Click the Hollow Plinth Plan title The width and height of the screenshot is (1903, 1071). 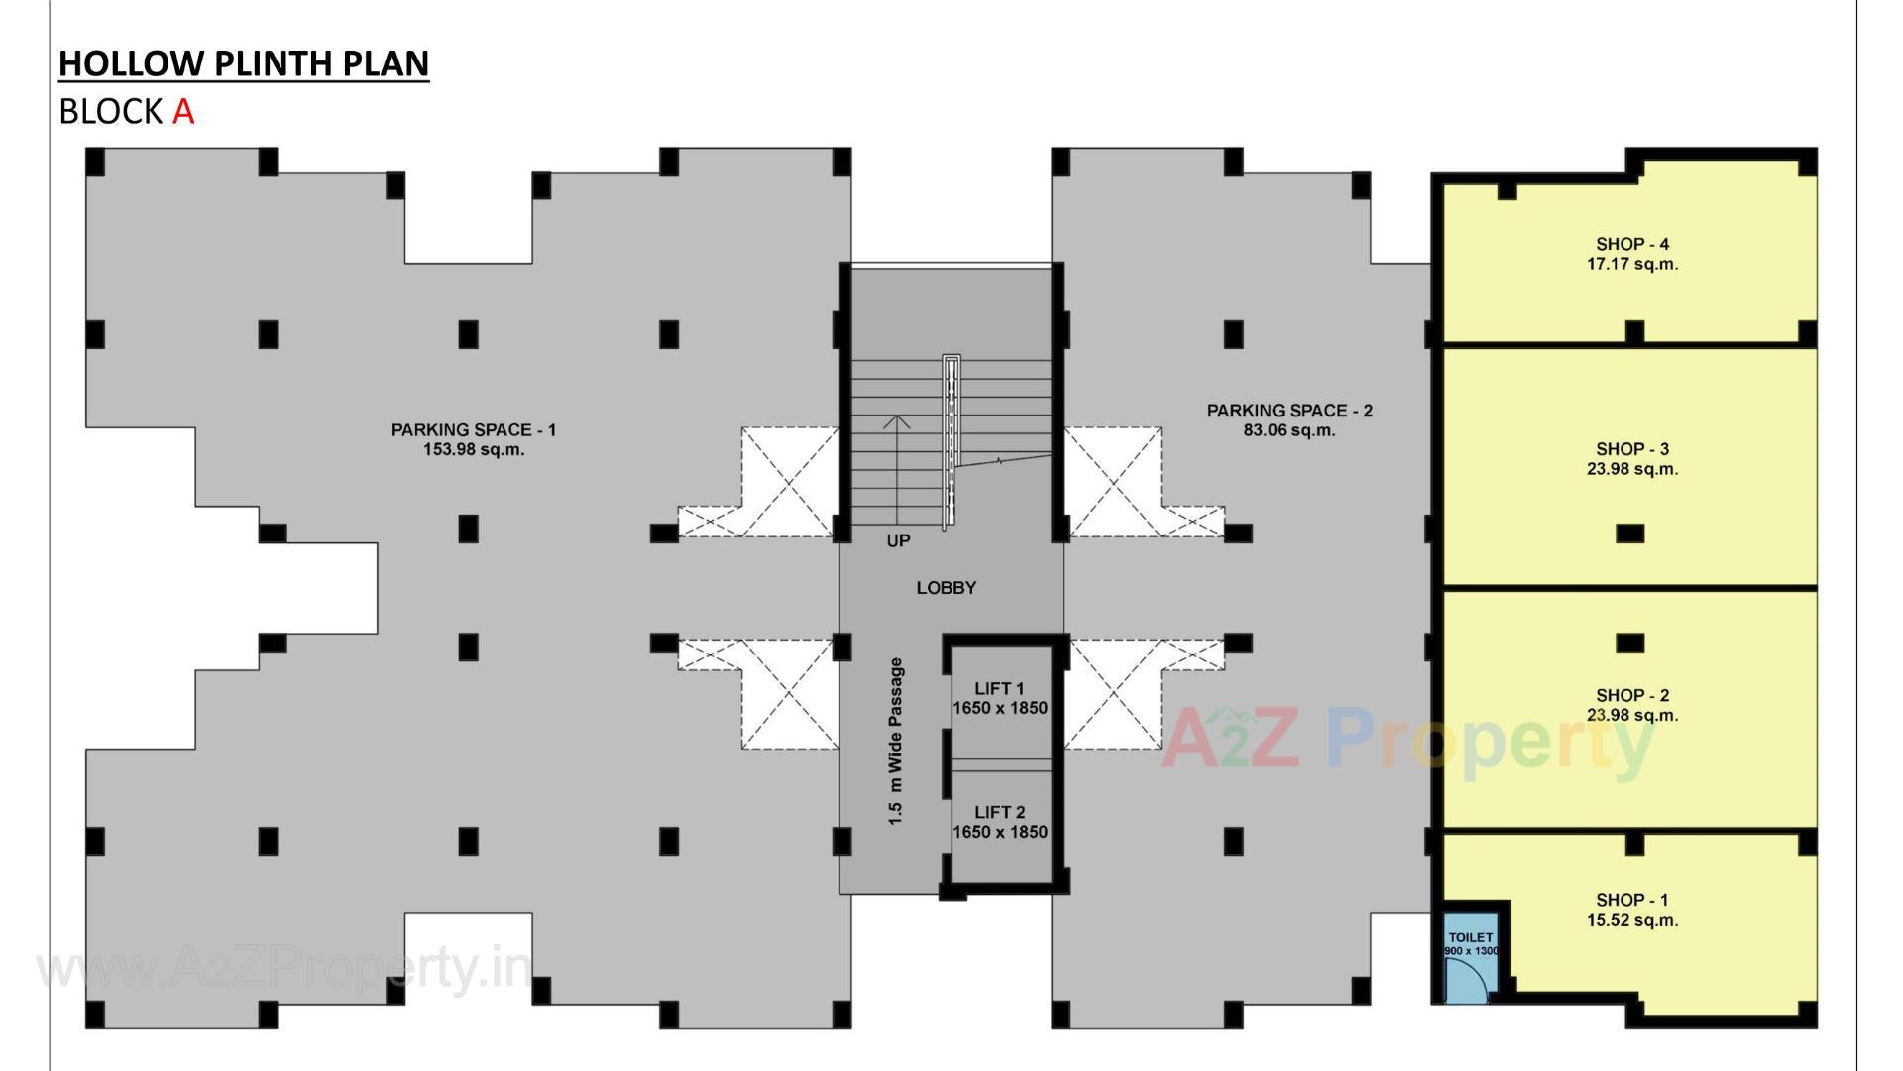pyautogui.click(x=244, y=62)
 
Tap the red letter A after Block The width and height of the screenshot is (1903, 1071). pyautogui.click(x=183, y=111)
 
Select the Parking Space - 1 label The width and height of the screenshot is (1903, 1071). pyautogui.click(x=473, y=429)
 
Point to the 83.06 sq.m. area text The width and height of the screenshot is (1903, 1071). pyautogui.click(x=1288, y=430)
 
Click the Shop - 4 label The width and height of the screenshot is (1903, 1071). pyautogui.click(x=1631, y=244)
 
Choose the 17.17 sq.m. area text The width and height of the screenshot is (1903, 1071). pyautogui.click(x=1631, y=264)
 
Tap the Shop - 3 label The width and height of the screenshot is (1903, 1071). pyautogui.click(x=1631, y=449)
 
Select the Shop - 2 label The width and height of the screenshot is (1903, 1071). pyautogui.click(x=1631, y=695)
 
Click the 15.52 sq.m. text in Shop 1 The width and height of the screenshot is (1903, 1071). pyautogui.click(x=1631, y=920)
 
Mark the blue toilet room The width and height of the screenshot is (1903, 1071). pyautogui.click(x=1471, y=957)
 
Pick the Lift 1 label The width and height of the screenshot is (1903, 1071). pyautogui.click(x=999, y=688)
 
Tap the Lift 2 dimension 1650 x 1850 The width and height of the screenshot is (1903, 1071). pyautogui.click(x=999, y=832)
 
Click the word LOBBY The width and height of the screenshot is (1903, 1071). pyautogui.click(x=946, y=588)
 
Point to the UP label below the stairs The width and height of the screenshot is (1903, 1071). pyautogui.click(x=898, y=540)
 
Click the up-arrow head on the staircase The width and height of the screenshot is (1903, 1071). pyautogui.click(x=897, y=420)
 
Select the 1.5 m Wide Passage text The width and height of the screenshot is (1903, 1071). pyautogui.click(x=896, y=742)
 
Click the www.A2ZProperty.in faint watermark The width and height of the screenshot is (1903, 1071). pyautogui.click(x=282, y=968)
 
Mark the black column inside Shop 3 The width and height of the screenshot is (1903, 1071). pyautogui.click(x=1629, y=534)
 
